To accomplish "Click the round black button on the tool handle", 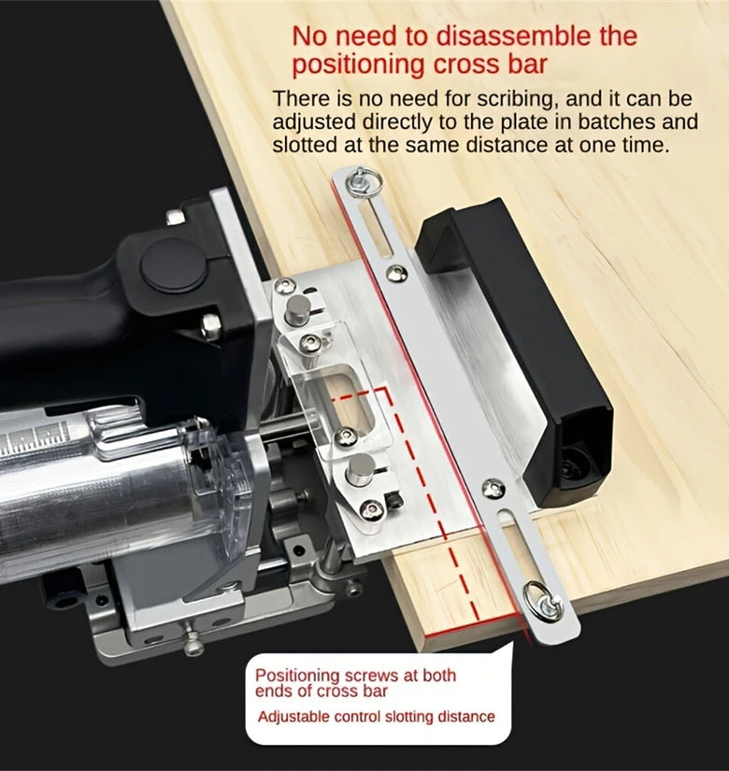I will click(x=173, y=264).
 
